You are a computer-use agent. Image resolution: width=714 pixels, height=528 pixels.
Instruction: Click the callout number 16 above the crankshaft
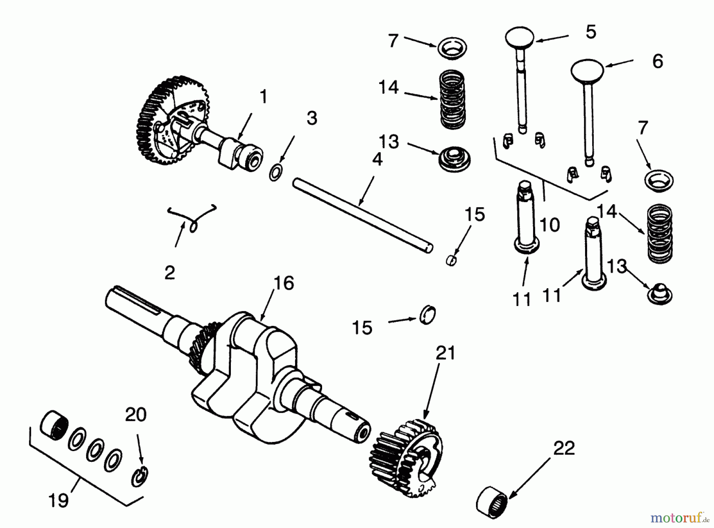(x=284, y=283)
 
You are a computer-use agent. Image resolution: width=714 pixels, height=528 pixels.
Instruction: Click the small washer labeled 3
(x=275, y=173)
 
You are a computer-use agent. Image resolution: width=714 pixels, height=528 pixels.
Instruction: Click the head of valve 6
(x=587, y=69)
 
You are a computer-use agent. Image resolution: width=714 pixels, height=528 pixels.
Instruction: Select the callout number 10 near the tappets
(x=550, y=225)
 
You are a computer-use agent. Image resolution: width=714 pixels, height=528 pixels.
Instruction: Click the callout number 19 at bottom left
(x=59, y=501)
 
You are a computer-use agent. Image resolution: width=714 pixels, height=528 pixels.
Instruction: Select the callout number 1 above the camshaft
(x=263, y=97)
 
